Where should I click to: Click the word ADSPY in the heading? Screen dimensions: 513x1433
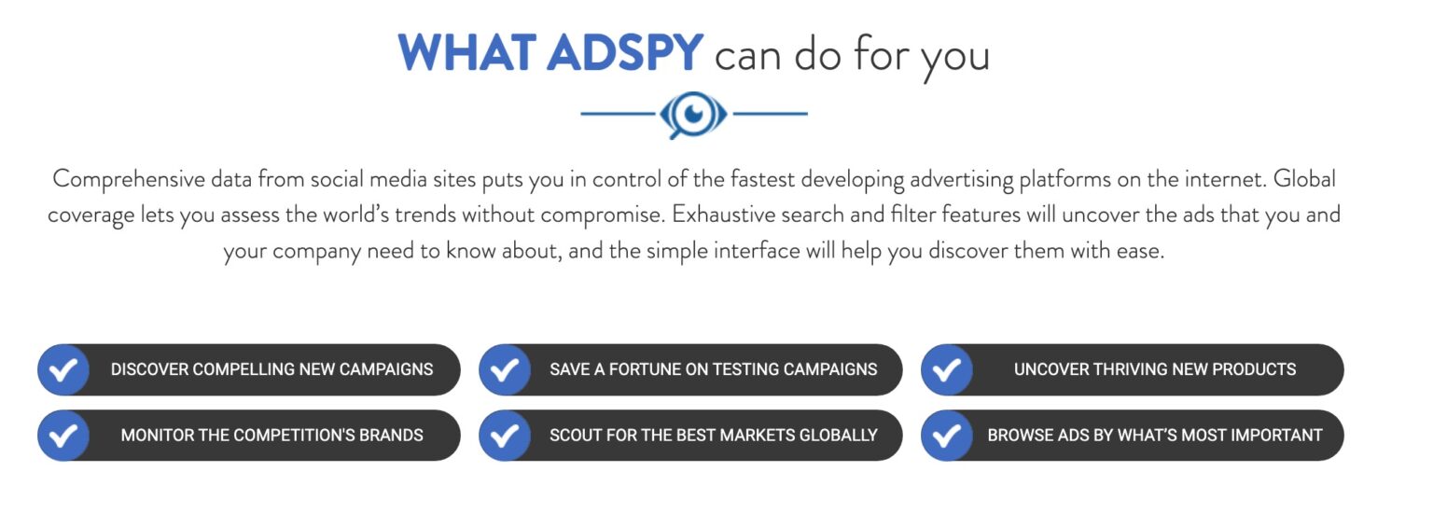pos(624,54)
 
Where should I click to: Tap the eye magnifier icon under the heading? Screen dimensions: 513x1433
pos(693,115)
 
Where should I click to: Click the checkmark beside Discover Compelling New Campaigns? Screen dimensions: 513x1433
pos(63,369)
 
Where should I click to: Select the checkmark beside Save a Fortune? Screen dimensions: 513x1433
pos(505,369)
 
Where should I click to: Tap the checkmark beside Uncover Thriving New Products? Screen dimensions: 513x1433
pos(946,369)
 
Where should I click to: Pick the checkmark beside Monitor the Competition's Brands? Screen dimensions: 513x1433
pos(63,435)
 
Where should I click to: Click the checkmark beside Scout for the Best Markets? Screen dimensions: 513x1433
pos(505,435)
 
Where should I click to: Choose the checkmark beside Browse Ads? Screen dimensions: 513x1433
pos(946,435)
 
